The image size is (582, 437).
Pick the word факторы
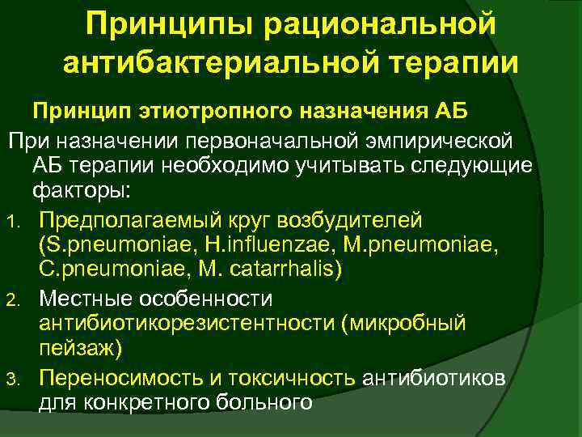pyautogui.click(x=86, y=193)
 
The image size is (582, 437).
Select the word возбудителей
pyautogui.click(x=353, y=220)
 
